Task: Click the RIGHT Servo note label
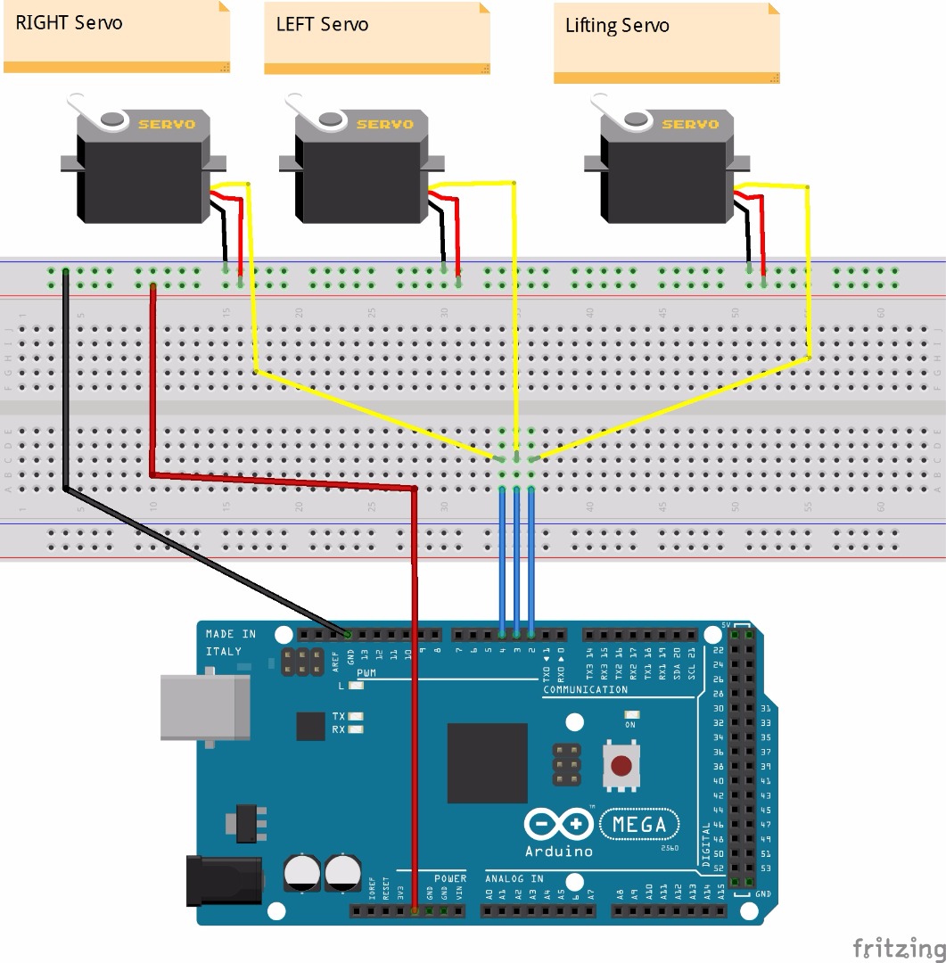[x=69, y=23]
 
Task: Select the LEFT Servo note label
[x=322, y=24]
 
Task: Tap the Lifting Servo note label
[x=617, y=25]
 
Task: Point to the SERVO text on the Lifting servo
[x=691, y=125]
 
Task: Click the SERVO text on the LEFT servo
[x=385, y=125]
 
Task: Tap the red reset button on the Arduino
[x=621, y=765]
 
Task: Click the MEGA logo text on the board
[x=639, y=825]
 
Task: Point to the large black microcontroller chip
[x=487, y=762]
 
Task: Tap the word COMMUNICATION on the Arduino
[x=585, y=690]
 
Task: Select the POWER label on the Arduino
[x=450, y=879]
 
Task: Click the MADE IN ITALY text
[x=230, y=643]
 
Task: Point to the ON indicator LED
[x=632, y=715]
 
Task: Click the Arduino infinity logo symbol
[x=559, y=825]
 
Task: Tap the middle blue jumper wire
[x=516, y=562]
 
